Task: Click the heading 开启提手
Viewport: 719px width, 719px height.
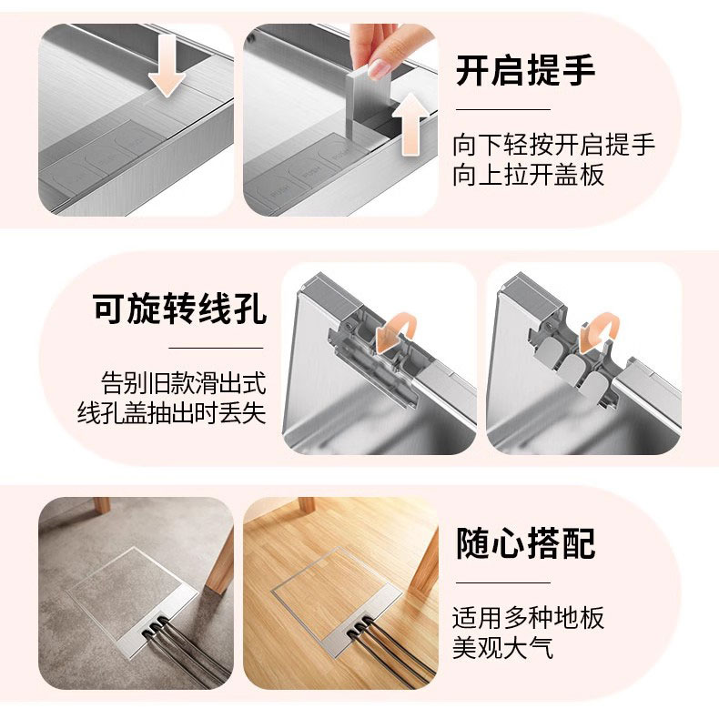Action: coord(525,70)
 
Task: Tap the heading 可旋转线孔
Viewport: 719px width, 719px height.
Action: coord(178,309)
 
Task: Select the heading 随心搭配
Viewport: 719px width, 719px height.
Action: coord(525,543)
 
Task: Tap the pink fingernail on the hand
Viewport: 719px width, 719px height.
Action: coord(379,68)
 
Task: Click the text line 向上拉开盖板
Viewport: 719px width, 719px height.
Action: coord(528,175)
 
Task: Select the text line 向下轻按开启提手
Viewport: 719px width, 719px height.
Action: coord(554,145)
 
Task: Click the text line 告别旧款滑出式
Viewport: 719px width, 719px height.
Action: coord(184,383)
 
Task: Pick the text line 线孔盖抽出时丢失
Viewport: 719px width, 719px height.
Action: coord(171,412)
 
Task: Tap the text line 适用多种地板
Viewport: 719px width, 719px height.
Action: coord(528,618)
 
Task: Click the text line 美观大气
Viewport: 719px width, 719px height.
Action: coord(502,648)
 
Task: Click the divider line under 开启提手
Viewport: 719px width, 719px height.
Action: coord(503,109)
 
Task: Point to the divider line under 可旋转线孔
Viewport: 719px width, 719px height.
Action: coord(216,348)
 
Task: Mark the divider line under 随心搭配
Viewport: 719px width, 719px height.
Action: coord(503,582)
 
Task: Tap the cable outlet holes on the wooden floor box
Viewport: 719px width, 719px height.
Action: coord(359,627)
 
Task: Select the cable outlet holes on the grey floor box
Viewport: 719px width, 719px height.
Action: coord(154,627)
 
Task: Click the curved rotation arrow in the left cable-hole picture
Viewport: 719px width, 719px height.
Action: coord(395,332)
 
